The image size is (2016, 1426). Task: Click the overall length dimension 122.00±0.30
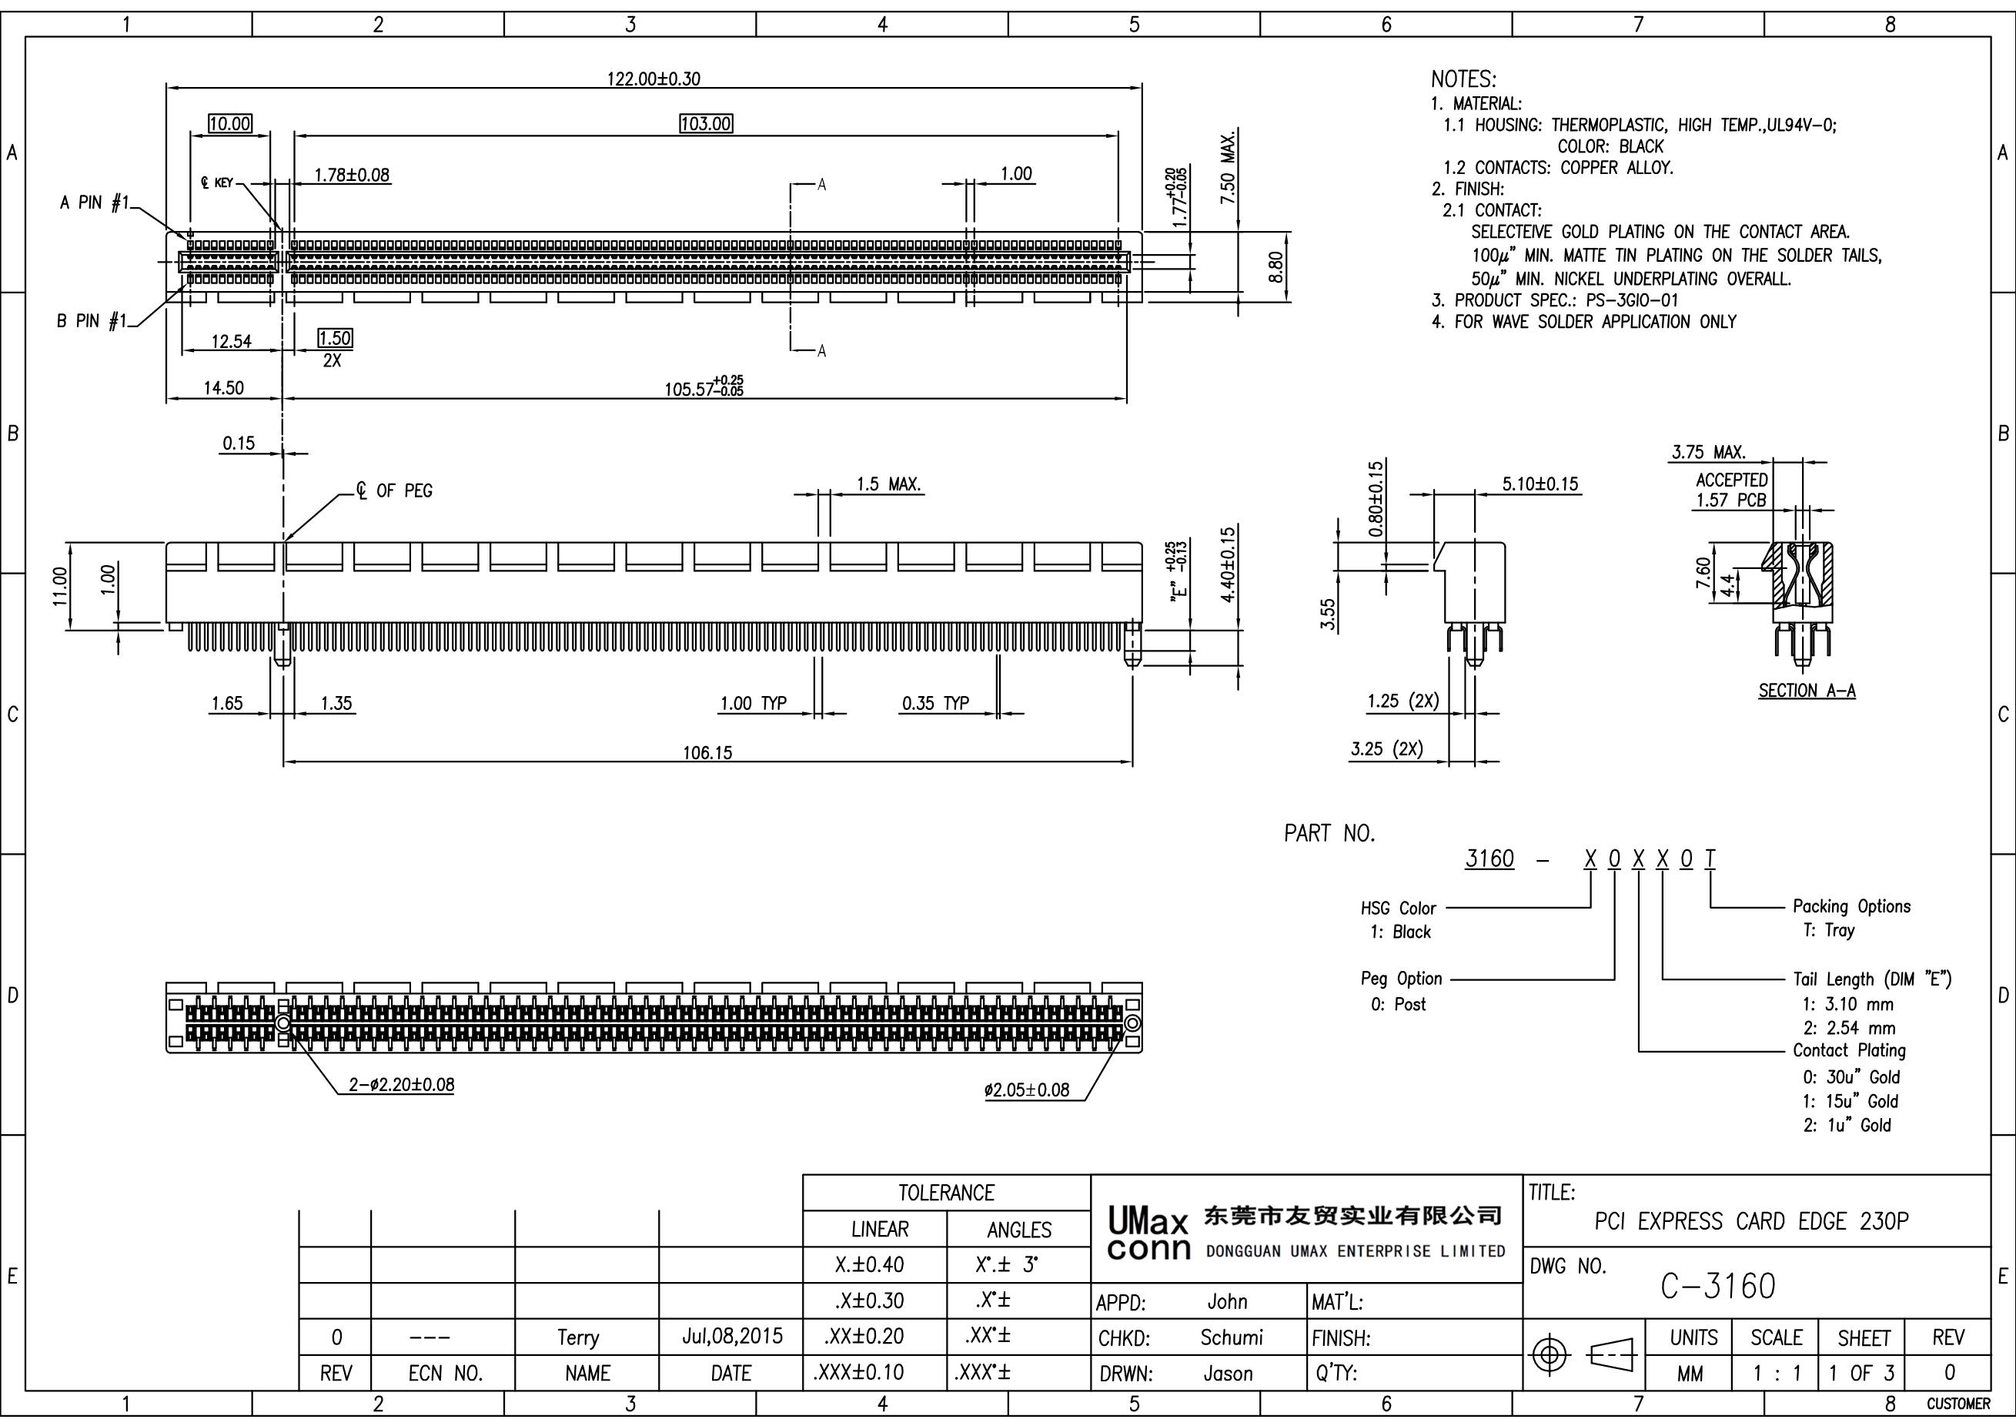point(654,79)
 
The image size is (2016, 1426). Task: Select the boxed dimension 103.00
point(706,124)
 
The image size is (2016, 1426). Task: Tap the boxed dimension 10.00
point(230,124)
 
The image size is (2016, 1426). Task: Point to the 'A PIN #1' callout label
point(94,203)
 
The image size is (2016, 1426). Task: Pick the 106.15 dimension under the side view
point(707,752)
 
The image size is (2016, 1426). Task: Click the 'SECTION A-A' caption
point(1807,691)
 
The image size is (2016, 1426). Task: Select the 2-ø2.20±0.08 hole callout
point(401,1084)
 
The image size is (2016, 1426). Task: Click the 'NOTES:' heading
point(1464,79)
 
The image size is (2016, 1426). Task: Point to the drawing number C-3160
point(1717,1287)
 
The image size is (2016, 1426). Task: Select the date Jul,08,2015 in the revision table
point(731,1337)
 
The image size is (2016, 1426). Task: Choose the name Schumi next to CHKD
point(1231,1337)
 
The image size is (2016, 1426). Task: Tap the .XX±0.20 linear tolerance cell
point(864,1337)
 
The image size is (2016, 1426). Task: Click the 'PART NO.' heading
point(1329,833)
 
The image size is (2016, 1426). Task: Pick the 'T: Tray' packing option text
point(1829,930)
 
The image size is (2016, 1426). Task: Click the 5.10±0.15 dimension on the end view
point(1540,484)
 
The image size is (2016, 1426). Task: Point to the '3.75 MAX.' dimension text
point(1709,452)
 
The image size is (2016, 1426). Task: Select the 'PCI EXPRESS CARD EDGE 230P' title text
point(1752,1221)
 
